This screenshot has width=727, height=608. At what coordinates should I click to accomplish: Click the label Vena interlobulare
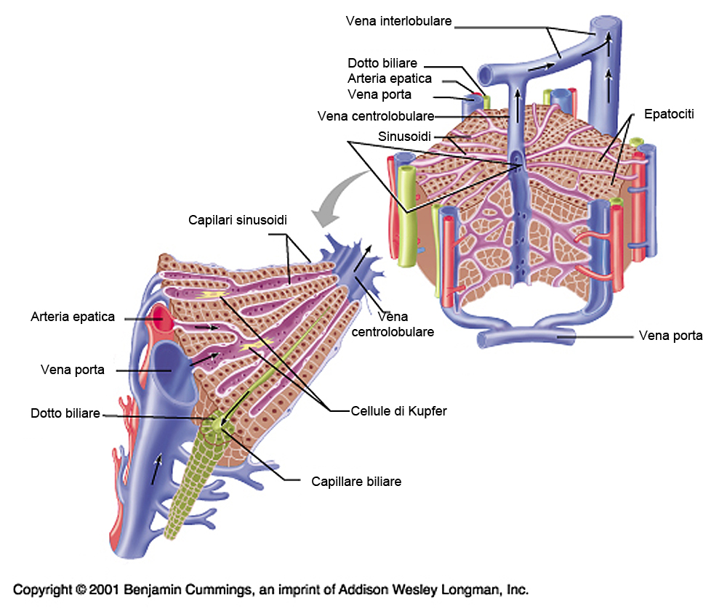399,21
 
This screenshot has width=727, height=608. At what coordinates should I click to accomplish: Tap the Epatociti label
669,114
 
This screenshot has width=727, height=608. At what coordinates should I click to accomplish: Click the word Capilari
212,219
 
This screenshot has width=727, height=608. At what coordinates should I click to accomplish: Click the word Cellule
371,411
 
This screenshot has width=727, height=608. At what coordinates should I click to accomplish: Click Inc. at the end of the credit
516,589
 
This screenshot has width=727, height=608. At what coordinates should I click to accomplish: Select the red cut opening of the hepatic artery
158,315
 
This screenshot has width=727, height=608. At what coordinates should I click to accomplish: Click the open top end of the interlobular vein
606,25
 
